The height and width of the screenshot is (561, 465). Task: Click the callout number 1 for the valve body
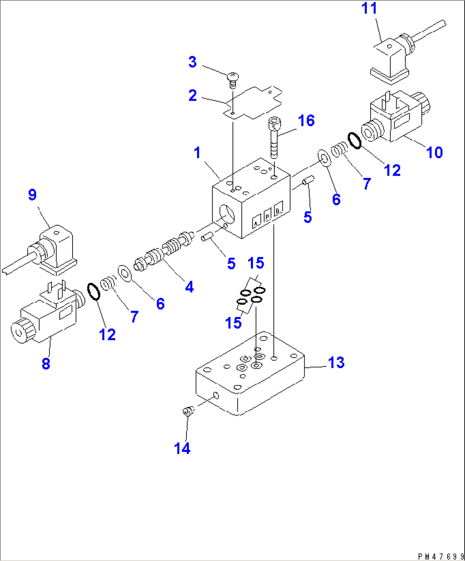(x=197, y=153)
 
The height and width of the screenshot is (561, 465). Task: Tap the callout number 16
(x=307, y=121)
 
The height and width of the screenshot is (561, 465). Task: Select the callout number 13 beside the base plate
(x=336, y=363)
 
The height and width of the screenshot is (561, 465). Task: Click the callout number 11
(x=369, y=9)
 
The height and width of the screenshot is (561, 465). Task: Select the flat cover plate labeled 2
(x=253, y=102)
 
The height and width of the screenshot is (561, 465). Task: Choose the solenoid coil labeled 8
(x=45, y=318)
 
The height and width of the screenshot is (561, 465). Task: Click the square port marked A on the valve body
(x=257, y=222)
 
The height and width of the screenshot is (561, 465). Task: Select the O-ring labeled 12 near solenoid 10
(x=355, y=140)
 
